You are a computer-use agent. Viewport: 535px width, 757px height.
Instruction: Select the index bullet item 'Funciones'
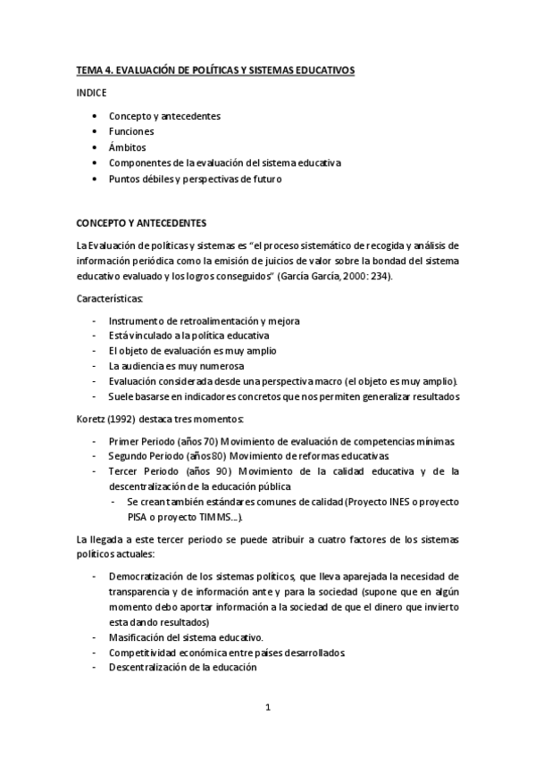[130, 131]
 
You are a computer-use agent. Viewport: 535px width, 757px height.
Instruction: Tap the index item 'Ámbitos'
[128, 147]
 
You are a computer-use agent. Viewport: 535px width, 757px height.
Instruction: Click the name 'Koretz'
[92, 419]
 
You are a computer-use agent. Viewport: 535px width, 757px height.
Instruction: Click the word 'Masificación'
[138, 637]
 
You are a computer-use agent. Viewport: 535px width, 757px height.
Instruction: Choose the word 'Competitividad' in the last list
[145, 653]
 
